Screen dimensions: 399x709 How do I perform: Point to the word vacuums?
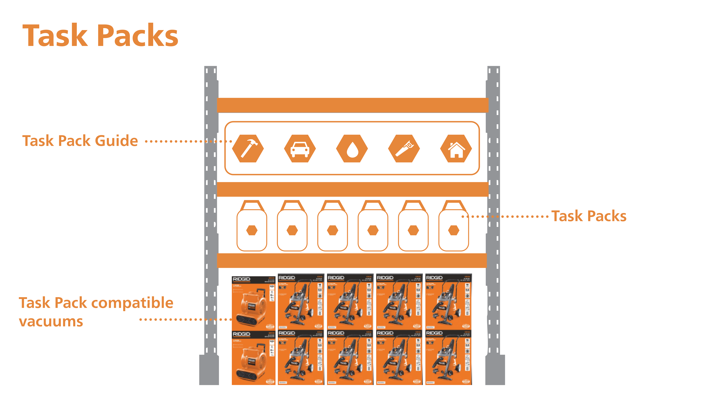pos(51,321)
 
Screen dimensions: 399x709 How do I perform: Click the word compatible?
pos(132,303)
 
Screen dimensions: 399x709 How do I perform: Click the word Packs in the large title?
pos(138,36)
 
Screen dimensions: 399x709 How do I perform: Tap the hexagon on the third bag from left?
pos(332,230)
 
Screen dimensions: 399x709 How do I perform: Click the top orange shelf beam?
pos(352,105)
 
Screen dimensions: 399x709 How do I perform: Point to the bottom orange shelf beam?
pos(352,260)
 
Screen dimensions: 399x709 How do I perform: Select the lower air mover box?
pos(253,358)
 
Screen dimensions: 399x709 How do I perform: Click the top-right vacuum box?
pos(448,302)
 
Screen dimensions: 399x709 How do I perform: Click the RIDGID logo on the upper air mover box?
pos(241,279)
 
